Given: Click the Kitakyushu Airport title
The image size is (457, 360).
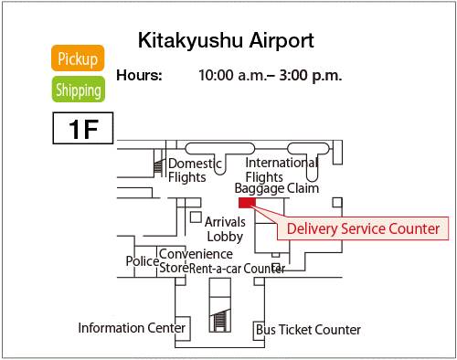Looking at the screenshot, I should click(226, 41).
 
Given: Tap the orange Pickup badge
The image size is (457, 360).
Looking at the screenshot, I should click(78, 59).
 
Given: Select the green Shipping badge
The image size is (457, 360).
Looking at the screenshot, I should click(78, 90).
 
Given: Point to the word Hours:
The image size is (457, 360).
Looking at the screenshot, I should click(139, 75).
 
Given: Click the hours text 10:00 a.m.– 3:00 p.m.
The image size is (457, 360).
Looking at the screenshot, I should click(270, 75).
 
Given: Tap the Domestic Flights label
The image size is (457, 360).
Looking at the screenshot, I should click(195, 171).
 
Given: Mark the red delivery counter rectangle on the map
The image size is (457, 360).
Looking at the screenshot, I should click(246, 203).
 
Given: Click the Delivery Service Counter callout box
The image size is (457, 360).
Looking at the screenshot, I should click(364, 228).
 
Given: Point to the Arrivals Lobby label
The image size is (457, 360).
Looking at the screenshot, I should click(224, 228).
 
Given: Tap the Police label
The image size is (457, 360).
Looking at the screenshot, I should click(142, 261).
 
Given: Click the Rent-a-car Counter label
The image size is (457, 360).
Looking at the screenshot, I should click(237, 269).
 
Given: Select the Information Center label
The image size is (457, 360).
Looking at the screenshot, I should click(132, 328).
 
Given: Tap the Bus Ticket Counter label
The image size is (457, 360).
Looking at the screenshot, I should click(308, 330).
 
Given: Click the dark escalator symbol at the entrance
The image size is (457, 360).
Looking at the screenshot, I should click(218, 320).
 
